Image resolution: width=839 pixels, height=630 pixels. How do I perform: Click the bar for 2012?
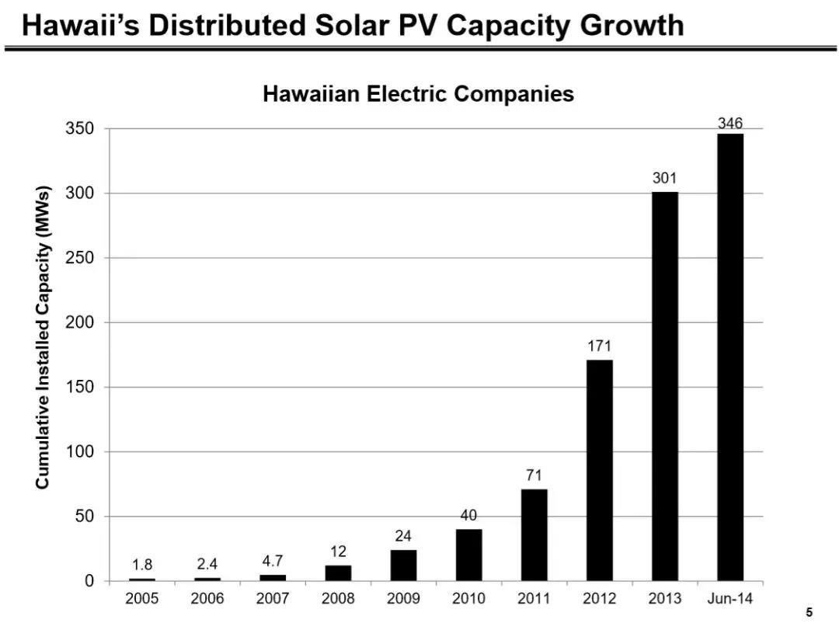click(x=599, y=470)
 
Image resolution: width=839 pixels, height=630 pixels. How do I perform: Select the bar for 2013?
click(x=664, y=386)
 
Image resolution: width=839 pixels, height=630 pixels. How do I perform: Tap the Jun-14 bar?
click(x=729, y=357)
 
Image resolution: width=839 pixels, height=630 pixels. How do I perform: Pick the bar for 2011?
click(x=534, y=534)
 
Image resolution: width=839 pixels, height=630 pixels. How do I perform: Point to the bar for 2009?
click(x=403, y=565)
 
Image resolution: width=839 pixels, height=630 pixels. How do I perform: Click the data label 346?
click(x=729, y=123)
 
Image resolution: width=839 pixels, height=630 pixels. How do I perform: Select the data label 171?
click(x=599, y=346)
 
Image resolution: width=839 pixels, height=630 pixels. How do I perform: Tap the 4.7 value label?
click(x=273, y=561)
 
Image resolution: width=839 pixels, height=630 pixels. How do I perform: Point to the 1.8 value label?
click(x=142, y=565)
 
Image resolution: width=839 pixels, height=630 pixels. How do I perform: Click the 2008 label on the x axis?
click(x=338, y=599)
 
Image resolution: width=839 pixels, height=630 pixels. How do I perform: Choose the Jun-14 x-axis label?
click(x=729, y=599)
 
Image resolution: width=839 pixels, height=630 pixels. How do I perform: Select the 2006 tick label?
click(x=207, y=599)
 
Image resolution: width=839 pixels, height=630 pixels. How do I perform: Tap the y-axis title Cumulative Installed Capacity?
click(x=43, y=336)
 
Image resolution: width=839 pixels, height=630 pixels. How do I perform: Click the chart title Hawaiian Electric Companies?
click(x=418, y=94)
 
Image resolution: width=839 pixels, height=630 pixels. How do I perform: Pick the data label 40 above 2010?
click(x=468, y=515)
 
